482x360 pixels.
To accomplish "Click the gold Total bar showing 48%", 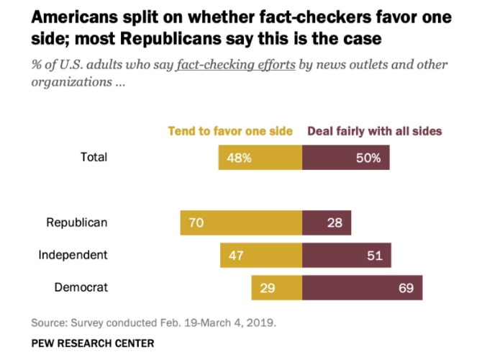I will (260, 157).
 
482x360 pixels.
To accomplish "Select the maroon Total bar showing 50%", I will (346, 157).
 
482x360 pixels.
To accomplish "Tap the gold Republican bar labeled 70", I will (241, 222).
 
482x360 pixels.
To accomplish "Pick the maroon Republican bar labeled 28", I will (327, 222).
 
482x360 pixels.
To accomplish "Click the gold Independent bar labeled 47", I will (261, 255).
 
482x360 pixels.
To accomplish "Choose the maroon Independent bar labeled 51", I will (347, 255).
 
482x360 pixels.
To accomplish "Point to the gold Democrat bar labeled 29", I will (277, 287).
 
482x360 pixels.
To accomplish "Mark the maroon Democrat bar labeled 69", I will (363, 287).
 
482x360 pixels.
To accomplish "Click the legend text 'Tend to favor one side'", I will (230, 131).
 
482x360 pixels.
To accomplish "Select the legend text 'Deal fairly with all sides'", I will (375, 131).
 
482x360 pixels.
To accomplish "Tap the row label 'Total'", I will (93, 156).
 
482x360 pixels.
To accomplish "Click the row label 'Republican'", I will (77, 222).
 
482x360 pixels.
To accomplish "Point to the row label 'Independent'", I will (73, 255).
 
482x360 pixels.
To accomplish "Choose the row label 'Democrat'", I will (81, 287).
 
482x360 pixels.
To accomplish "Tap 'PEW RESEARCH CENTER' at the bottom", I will (92, 343).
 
